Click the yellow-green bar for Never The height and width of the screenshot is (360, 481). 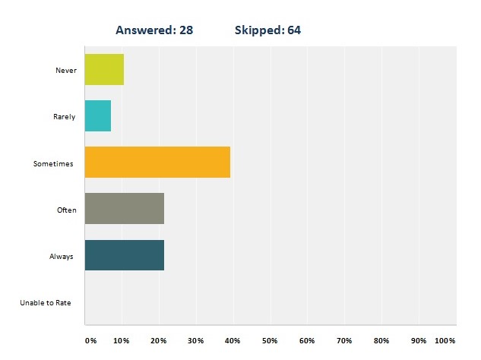coord(104,69)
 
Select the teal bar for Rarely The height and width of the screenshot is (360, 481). coord(98,115)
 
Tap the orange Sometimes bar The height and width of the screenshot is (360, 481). coord(157,163)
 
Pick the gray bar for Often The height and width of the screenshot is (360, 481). coord(125,209)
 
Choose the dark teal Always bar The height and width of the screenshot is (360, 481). coord(125,255)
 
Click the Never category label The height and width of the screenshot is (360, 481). coord(66,70)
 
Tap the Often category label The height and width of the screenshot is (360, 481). coord(67,210)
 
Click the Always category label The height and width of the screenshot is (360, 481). coord(62,257)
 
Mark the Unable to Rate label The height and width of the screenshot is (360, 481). coord(46,303)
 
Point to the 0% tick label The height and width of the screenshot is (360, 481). coord(90,340)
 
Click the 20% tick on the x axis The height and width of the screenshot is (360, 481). coord(159,340)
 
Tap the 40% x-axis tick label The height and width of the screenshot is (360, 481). coord(233,340)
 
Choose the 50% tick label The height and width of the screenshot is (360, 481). coord(270,340)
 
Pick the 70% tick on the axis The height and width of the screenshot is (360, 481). coord(344,340)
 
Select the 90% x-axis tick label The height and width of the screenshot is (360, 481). coord(419,340)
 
